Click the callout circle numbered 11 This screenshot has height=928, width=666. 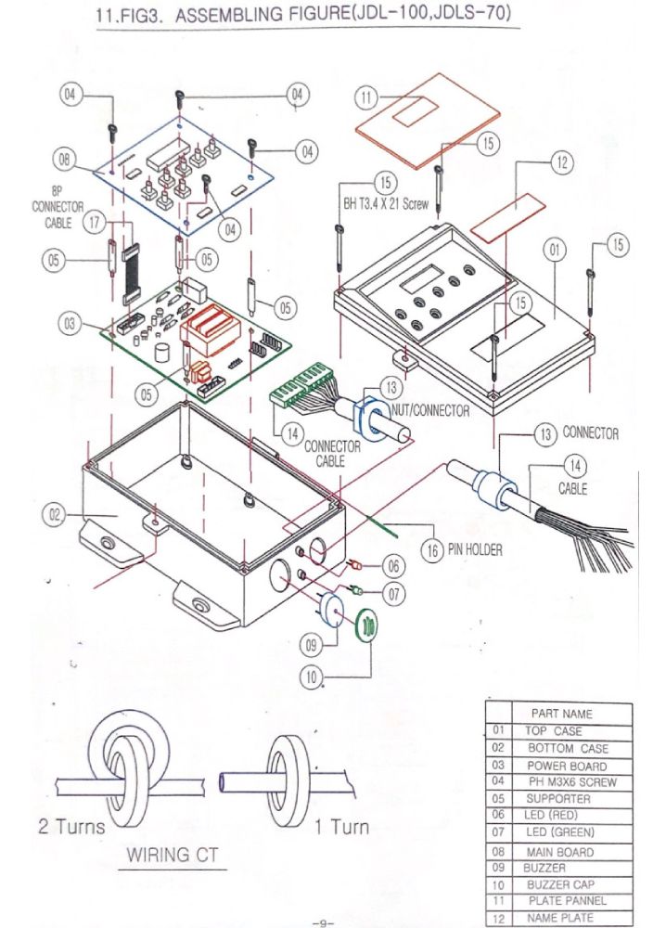(x=366, y=97)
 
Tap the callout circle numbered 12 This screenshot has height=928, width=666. (x=561, y=162)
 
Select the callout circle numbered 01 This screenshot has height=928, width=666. (x=554, y=250)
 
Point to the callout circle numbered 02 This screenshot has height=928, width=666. (x=54, y=515)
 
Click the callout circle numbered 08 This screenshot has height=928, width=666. (x=64, y=160)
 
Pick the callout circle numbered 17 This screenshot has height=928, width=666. (x=95, y=223)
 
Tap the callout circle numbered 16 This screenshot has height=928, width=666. (x=432, y=550)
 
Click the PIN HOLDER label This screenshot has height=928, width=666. (x=475, y=549)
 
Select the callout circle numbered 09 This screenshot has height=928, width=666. (x=311, y=645)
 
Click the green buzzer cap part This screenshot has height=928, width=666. (x=366, y=625)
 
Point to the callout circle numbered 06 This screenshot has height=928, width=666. (x=394, y=566)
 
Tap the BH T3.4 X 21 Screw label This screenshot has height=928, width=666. (x=386, y=205)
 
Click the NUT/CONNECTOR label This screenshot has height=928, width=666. (x=431, y=410)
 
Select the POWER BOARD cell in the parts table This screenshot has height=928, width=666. (x=567, y=766)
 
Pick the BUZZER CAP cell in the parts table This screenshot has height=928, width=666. (x=560, y=884)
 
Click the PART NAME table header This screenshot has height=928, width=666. (x=561, y=714)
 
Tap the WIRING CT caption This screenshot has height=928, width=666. (x=173, y=855)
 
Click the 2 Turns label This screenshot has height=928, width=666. (x=71, y=826)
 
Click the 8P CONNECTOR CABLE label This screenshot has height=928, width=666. (x=58, y=207)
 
